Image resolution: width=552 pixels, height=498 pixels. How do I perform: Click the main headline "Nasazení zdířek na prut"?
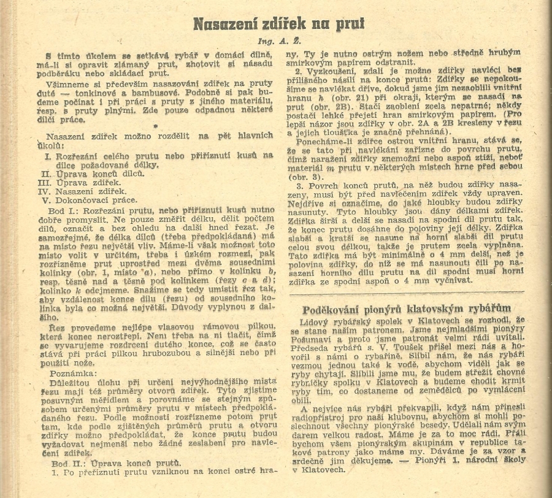click(x=278, y=23)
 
